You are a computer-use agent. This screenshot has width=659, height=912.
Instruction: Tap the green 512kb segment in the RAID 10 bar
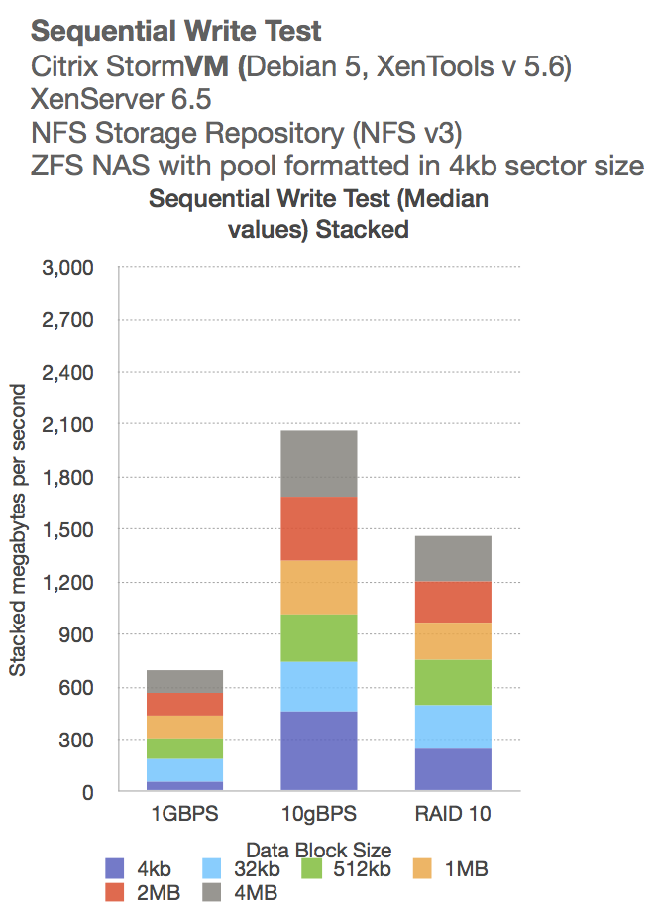tap(452, 682)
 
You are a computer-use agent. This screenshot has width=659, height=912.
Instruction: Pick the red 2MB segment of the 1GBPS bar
tap(183, 704)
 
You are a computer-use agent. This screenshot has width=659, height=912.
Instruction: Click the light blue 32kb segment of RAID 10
tap(452, 727)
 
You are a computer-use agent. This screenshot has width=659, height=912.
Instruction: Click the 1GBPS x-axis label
tap(183, 814)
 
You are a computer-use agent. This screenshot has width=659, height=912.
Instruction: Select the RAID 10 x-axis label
tap(452, 814)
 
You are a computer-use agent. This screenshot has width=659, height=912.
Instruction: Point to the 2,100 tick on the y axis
tap(68, 425)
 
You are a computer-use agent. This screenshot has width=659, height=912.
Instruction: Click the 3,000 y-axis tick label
tap(68, 268)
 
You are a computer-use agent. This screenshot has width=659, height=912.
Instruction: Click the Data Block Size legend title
tap(319, 850)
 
